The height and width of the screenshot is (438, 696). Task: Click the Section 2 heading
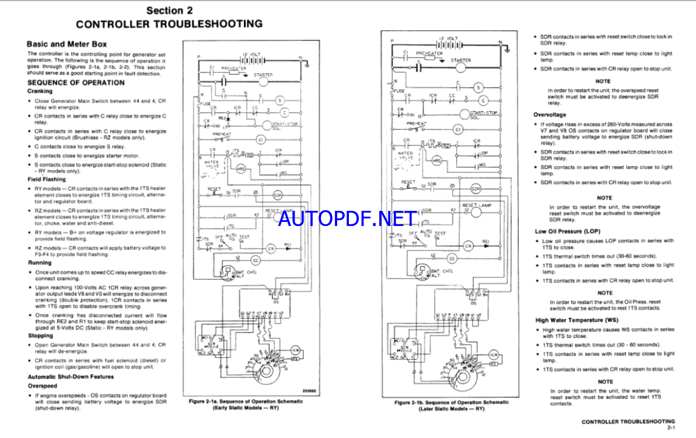[169, 10]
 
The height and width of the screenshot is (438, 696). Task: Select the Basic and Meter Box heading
[67, 44]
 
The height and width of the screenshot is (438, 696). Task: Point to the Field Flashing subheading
[47, 179]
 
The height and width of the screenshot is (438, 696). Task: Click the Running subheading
[40, 263]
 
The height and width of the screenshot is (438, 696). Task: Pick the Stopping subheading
[40, 335]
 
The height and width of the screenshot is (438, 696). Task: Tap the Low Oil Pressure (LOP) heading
[568, 231]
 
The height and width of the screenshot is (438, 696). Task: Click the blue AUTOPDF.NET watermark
[349, 219]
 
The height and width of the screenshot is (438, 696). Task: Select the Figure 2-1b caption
[451, 405]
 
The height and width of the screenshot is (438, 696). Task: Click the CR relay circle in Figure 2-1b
[468, 246]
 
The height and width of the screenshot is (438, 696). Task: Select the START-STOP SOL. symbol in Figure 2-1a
[284, 125]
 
